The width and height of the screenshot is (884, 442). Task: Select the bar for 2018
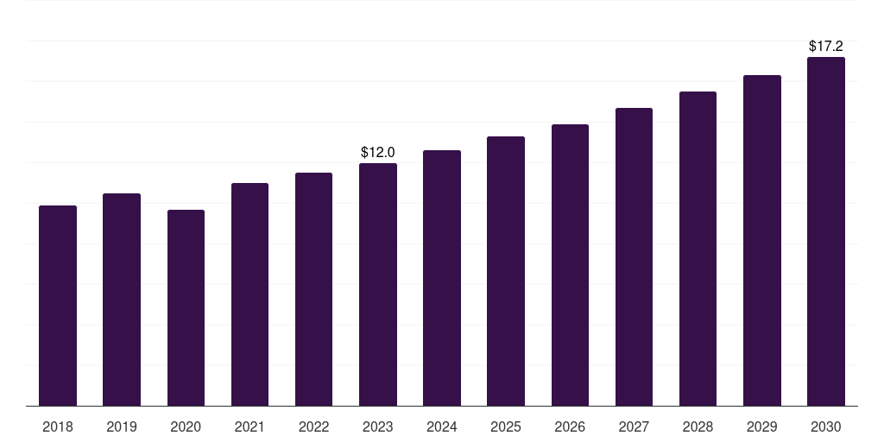[58, 306]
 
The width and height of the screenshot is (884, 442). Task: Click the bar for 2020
[186, 308]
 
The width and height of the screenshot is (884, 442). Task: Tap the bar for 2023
[378, 285]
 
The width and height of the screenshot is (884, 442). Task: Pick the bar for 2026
[570, 265]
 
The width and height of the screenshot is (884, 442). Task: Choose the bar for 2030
[826, 231]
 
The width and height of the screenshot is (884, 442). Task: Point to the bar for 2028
[698, 249]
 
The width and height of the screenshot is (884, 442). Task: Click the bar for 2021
[249, 294]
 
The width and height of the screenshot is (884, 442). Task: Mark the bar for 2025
[506, 271]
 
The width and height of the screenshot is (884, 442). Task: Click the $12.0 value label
[378, 152]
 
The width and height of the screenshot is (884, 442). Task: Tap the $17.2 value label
[826, 47]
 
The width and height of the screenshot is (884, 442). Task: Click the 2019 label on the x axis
[122, 426]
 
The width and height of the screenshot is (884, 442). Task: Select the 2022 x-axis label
[313, 426]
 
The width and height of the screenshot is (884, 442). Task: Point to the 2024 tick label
[442, 426]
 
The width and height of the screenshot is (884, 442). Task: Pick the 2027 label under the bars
[634, 426]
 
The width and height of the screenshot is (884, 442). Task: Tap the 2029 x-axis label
[761, 426]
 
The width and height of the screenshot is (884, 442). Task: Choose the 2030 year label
[826, 426]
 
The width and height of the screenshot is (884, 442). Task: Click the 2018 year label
[58, 426]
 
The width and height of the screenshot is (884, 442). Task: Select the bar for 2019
[122, 300]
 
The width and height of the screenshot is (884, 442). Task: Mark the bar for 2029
[762, 241]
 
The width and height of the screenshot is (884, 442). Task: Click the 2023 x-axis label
[378, 426]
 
